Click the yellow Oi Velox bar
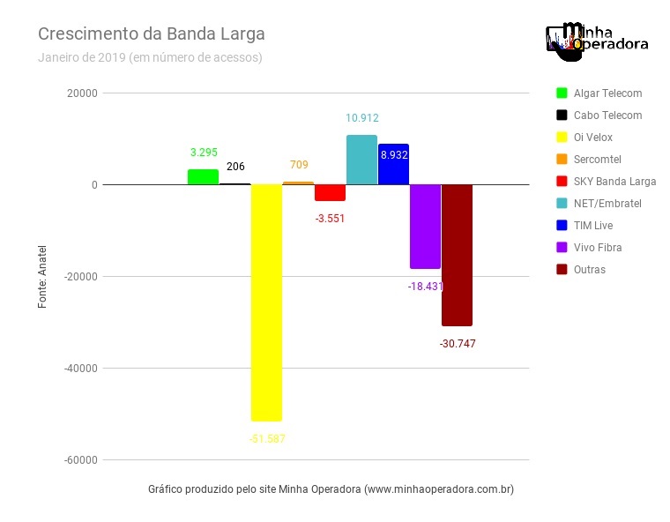click(x=266, y=302)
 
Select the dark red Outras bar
click(x=457, y=255)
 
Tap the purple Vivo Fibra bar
click(x=425, y=226)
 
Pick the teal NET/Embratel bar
click(x=361, y=160)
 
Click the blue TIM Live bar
click(x=393, y=165)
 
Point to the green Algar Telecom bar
click(x=203, y=177)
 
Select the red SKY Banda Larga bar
click(x=330, y=193)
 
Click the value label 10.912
click(x=362, y=117)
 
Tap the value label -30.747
click(x=457, y=344)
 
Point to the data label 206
click(x=235, y=167)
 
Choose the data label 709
click(x=299, y=164)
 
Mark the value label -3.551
click(x=330, y=218)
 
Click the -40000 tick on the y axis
click(x=79, y=368)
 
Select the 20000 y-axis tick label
click(x=82, y=93)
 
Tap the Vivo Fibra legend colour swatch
click(x=561, y=248)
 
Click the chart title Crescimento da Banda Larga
click(x=151, y=34)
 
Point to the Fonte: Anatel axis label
click(x=42, y=276)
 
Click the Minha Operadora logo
click(x=597, y=41)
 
